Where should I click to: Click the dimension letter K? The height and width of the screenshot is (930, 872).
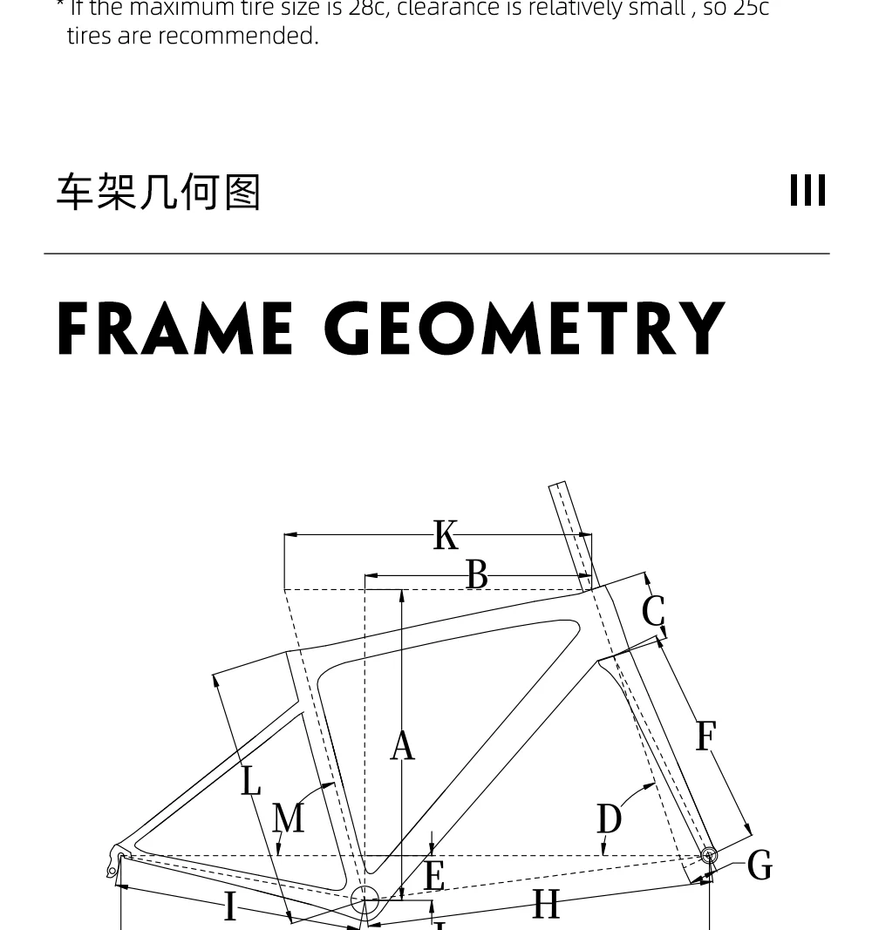coord(446,535)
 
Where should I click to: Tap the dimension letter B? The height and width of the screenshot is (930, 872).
coord(476,575)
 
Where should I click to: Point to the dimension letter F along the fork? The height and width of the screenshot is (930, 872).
coord(705,737)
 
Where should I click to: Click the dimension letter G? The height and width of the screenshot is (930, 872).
coord(760,866)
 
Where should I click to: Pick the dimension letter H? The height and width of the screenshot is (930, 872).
coord(546,905)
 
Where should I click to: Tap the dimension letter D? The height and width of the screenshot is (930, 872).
coord(610,819)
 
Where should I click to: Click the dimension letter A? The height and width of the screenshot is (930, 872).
coord(402,746)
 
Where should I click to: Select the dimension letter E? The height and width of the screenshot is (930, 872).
coord(434,875)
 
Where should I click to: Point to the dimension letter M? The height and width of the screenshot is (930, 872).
coord(289,818)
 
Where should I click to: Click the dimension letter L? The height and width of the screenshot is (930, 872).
coord(251,780)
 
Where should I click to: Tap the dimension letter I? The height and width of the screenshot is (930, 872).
coord(230,906)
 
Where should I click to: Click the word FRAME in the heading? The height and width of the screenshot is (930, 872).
coord(174,329)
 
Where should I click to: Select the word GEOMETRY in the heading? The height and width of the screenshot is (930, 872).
coord(525,329)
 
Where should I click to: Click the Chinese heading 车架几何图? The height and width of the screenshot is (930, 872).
coord(159,192)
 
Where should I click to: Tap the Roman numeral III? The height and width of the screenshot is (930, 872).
coord(807,191)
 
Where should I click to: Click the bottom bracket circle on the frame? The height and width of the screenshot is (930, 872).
coord(364,899)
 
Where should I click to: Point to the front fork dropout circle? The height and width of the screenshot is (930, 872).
coord(709,855)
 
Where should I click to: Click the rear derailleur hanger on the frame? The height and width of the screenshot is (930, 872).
coord(114,858)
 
